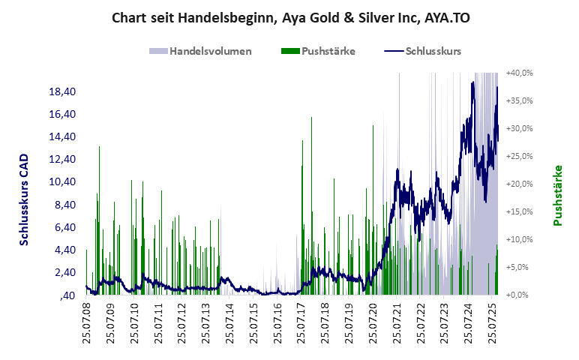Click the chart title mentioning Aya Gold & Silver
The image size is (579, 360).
(x=289, y=16)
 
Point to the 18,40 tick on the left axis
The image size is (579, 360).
(x=62, y=91)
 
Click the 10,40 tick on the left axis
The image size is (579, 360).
(x=62, y=182)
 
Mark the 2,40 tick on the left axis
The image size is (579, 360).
(x=64, y=272)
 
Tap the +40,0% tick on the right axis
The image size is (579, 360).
(x=519, y=73)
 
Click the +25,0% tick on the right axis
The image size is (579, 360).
(x=519, y=156)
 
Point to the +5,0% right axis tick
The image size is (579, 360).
(x=521, y=267)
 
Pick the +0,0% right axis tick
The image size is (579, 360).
(x=521, y=295)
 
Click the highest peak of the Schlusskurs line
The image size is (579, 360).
(x=473, y=82)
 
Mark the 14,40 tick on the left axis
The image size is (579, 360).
(x=62, y=136)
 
